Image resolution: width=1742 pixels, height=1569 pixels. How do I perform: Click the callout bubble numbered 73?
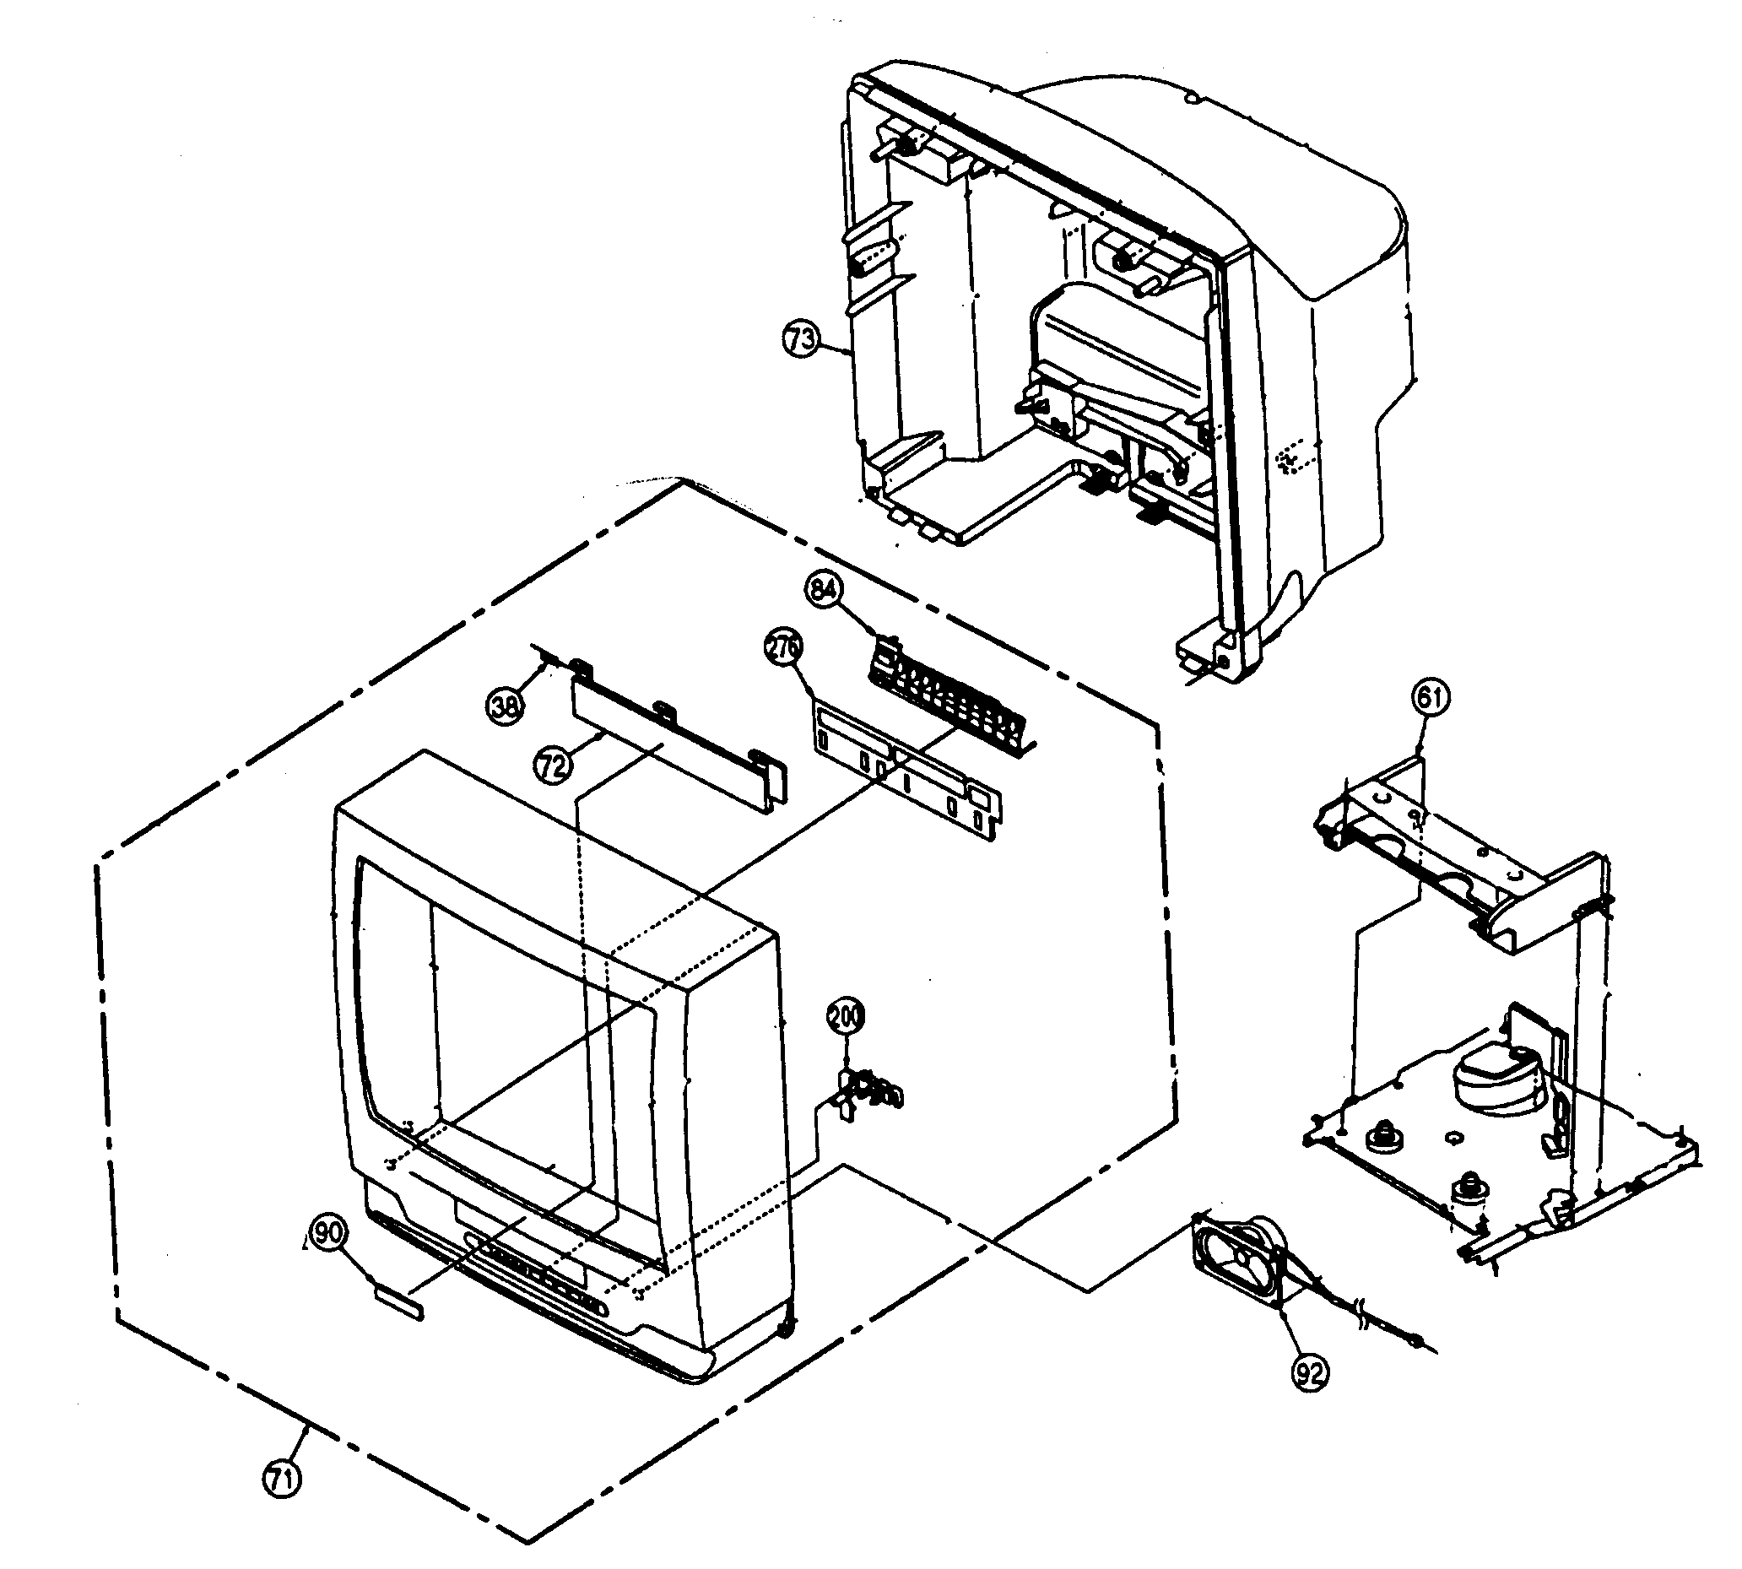click(x=800, y=338)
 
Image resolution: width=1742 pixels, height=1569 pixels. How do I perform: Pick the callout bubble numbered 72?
click(x=554, y=764)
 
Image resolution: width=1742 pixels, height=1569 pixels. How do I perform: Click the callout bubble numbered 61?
click(x=1430, y=696)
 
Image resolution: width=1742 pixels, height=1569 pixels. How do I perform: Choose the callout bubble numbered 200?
click(x=845, y=1017)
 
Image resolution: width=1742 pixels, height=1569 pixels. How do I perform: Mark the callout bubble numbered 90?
click(x=327, y=1234)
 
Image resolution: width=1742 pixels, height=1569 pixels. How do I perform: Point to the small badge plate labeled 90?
click(x=398, y=1300)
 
